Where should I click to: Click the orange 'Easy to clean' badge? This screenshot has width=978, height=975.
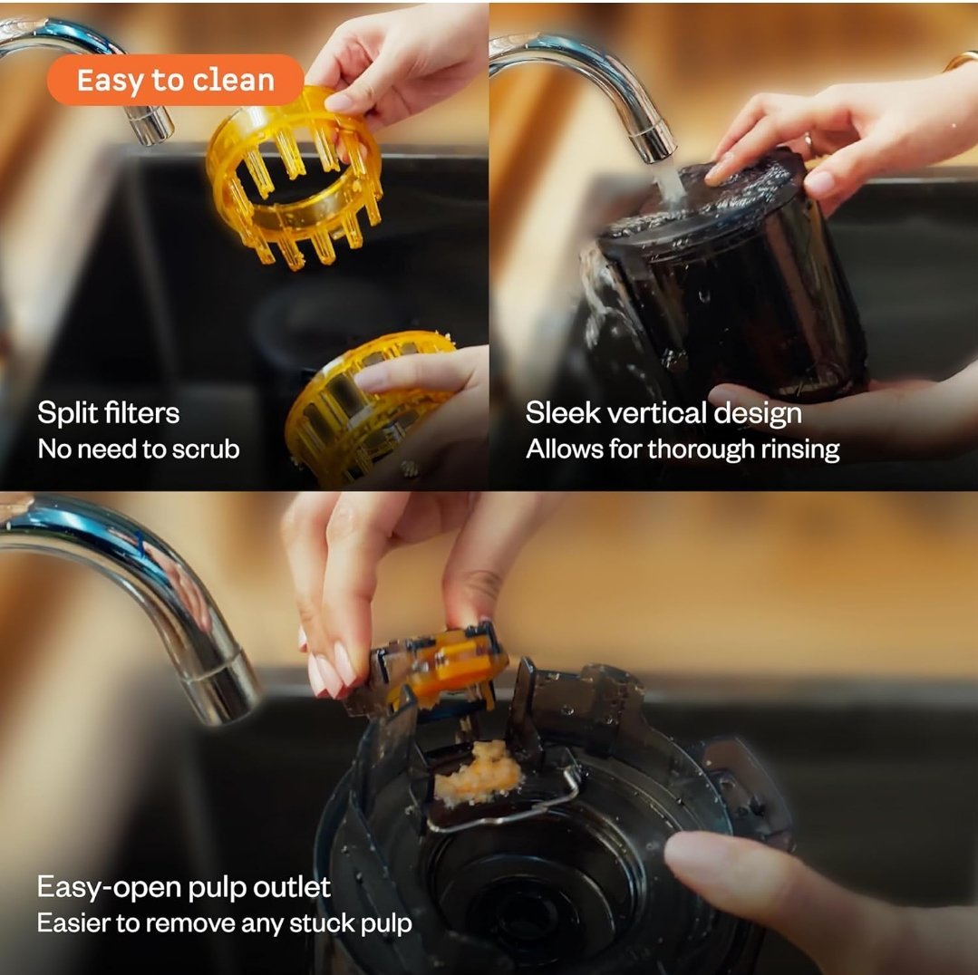(175, 80)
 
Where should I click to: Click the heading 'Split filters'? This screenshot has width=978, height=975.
(109, 412)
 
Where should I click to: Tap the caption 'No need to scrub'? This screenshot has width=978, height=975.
(139, 449)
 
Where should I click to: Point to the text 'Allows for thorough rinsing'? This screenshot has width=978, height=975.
(683, 449)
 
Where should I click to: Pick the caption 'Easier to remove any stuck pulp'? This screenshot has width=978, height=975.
(225, 923)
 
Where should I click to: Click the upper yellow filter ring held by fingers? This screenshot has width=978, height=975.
(294, 181)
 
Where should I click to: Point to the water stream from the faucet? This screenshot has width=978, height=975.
(669, 184)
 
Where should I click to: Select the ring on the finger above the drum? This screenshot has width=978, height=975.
(809, 144)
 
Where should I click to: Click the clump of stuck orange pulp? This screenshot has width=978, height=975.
(479, 772)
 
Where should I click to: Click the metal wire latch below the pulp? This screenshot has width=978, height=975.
(505, 804)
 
